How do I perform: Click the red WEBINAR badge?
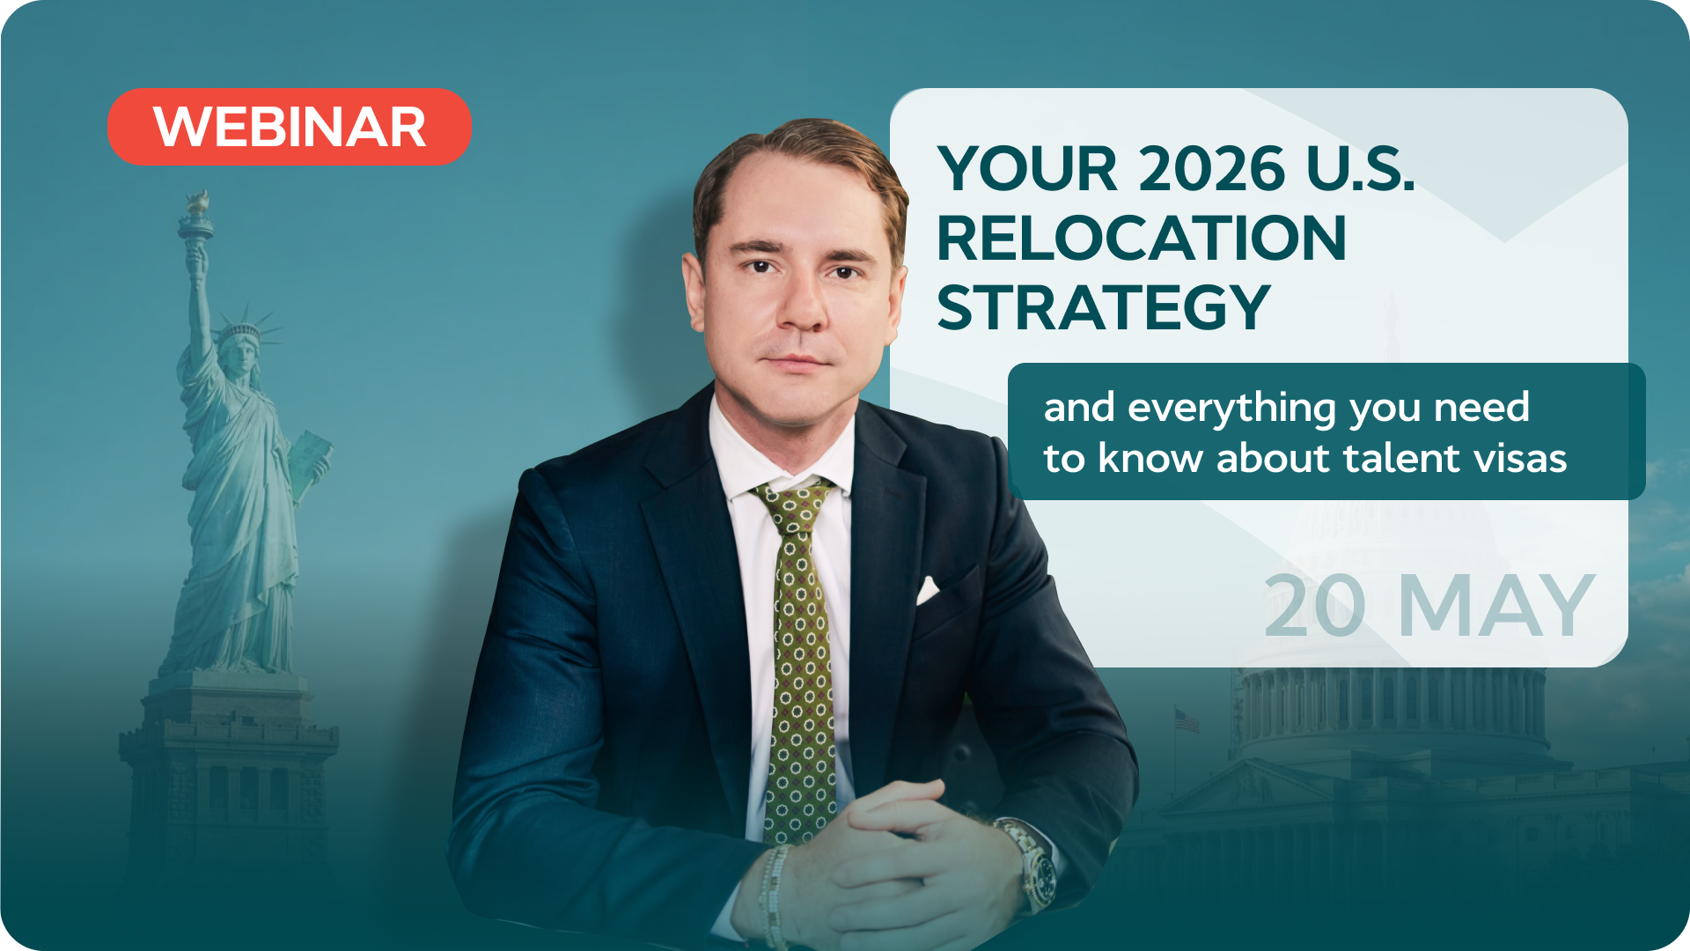[290, 126]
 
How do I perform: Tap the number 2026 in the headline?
[1212, 168]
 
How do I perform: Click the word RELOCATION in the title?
[1142, 238]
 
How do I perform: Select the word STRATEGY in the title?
[1104, 307]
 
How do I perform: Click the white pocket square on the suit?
[928, 590]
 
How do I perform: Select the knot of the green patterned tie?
[796, 505]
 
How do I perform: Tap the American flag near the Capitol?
[1187, 720]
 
